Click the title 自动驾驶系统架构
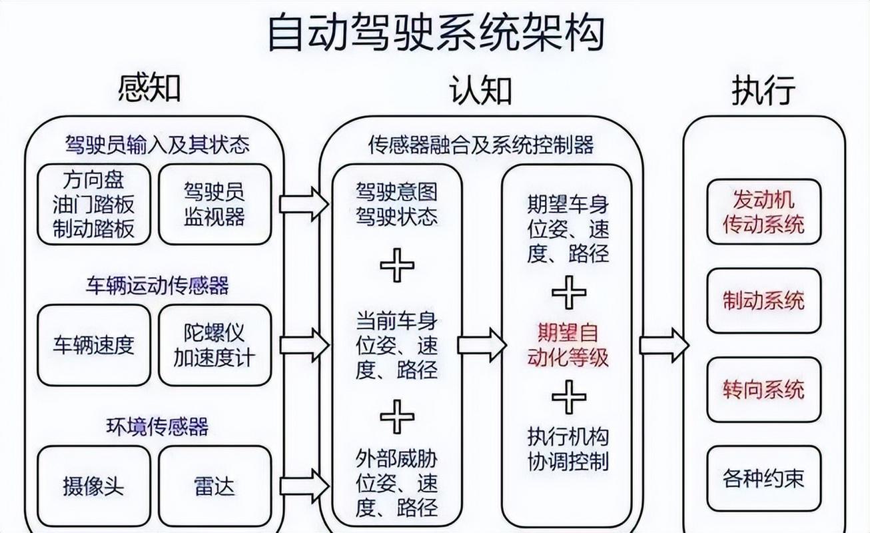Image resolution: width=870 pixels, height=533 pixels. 436,33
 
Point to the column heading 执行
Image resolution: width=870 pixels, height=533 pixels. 763,91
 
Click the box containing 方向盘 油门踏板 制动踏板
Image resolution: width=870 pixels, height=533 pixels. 94,204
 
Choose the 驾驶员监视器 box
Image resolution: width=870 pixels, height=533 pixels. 215,204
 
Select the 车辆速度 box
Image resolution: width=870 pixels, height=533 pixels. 94,345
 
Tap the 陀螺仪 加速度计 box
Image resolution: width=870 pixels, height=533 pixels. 215,345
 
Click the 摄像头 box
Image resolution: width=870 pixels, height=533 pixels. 94,486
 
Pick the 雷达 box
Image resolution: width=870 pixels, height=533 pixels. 215,486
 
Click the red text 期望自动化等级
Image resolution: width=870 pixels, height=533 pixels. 568,344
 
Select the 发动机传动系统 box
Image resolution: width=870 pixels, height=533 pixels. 763,211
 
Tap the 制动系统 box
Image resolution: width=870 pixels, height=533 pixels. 763,300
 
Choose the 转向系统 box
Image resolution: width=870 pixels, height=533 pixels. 763,390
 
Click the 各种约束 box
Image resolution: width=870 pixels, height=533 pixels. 763,478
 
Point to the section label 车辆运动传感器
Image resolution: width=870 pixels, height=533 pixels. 157,286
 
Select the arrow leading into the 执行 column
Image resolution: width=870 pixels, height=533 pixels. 663,344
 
